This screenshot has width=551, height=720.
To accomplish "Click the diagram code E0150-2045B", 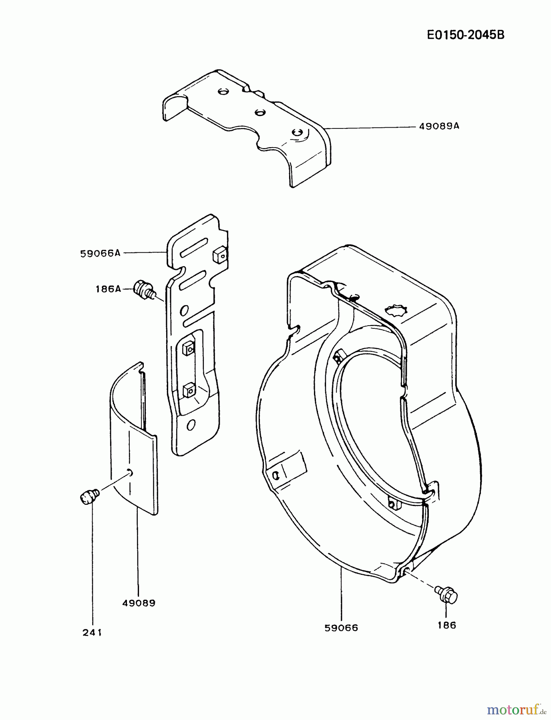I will coord(465,35).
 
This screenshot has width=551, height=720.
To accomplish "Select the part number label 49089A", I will coord(439,126).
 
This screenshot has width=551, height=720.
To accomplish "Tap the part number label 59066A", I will coord(100,253).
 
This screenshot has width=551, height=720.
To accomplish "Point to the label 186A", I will coord(108,289).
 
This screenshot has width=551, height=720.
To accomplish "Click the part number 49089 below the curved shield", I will coord(139,603).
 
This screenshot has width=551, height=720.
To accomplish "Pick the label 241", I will coord(92,632).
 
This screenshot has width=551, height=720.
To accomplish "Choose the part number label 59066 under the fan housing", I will coord(341,628).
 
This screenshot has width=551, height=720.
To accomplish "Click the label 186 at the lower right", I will coord(446,625).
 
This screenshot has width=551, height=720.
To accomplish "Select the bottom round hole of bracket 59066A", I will coord(191,425).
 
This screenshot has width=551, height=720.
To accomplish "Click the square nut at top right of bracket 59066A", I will coord(220,255).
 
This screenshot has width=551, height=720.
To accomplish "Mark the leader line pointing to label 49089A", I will coord(368,128).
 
